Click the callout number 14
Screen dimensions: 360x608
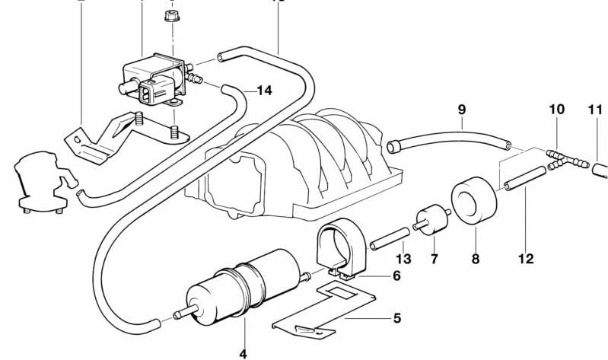(263, 91)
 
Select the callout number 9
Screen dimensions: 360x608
(461, 109)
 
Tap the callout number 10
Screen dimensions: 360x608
(557, 109)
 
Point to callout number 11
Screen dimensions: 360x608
(595, 109)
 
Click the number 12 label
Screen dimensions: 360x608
(526, 259)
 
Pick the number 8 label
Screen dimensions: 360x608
(476, 259)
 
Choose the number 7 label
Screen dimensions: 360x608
(434, 259)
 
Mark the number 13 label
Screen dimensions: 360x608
(403, 259)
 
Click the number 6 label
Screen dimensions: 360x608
(396, 276)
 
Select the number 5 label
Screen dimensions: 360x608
(396, 318)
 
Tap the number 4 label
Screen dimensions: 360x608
(244, 353)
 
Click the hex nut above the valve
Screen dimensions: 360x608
(172, 15)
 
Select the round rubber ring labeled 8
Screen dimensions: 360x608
(474, 199)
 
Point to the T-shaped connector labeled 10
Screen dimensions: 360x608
(565, 158)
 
